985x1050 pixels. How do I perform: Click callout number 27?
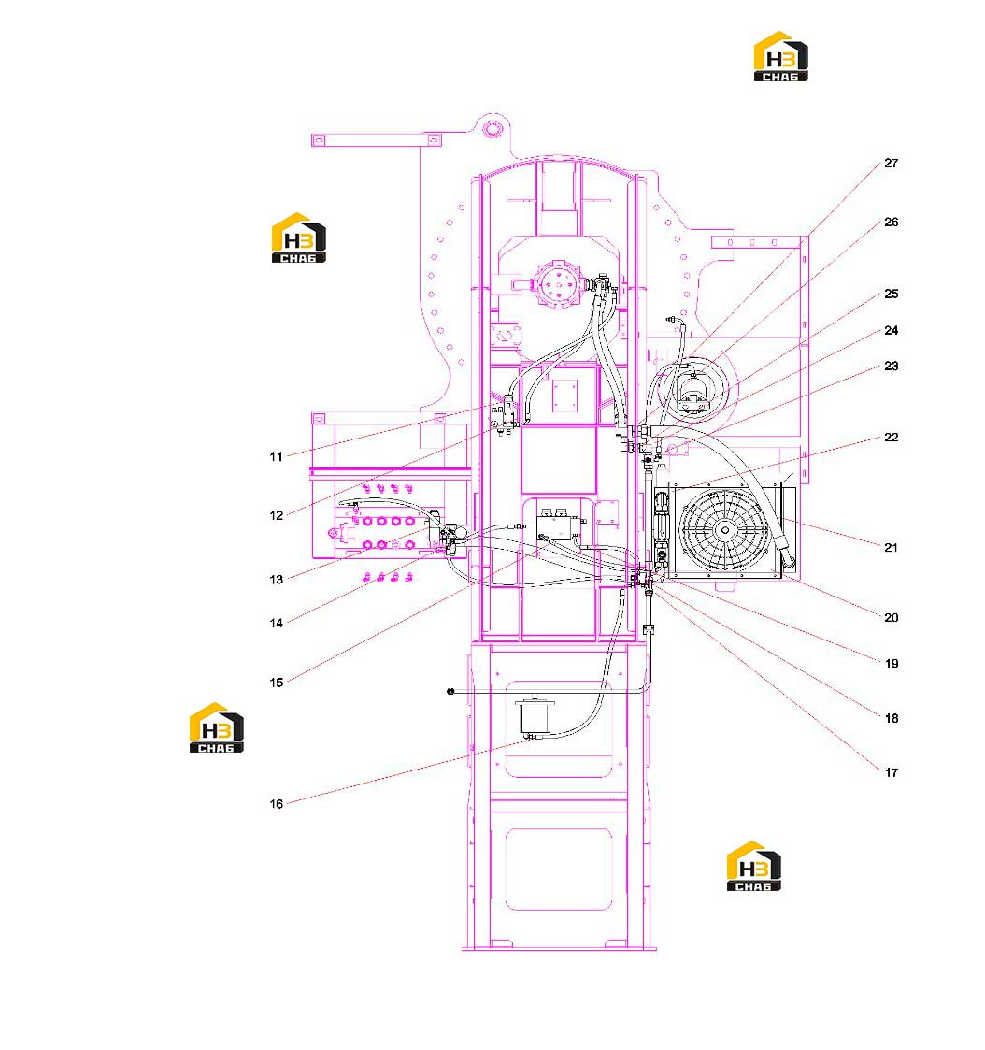tap(891, 164)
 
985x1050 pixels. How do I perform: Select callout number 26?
tap(891, 223)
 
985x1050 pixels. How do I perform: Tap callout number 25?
tap(891, 294)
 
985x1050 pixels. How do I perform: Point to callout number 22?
tap(891, 438)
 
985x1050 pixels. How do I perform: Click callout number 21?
tap(891, 548)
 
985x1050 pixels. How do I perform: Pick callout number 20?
tap(891, 617)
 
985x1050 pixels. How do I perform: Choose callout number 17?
tap(891, 772)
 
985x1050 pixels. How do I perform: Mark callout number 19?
tap(891, 664)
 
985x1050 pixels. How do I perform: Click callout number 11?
tap(277, 456)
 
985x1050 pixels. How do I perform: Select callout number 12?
tap(277, 515)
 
